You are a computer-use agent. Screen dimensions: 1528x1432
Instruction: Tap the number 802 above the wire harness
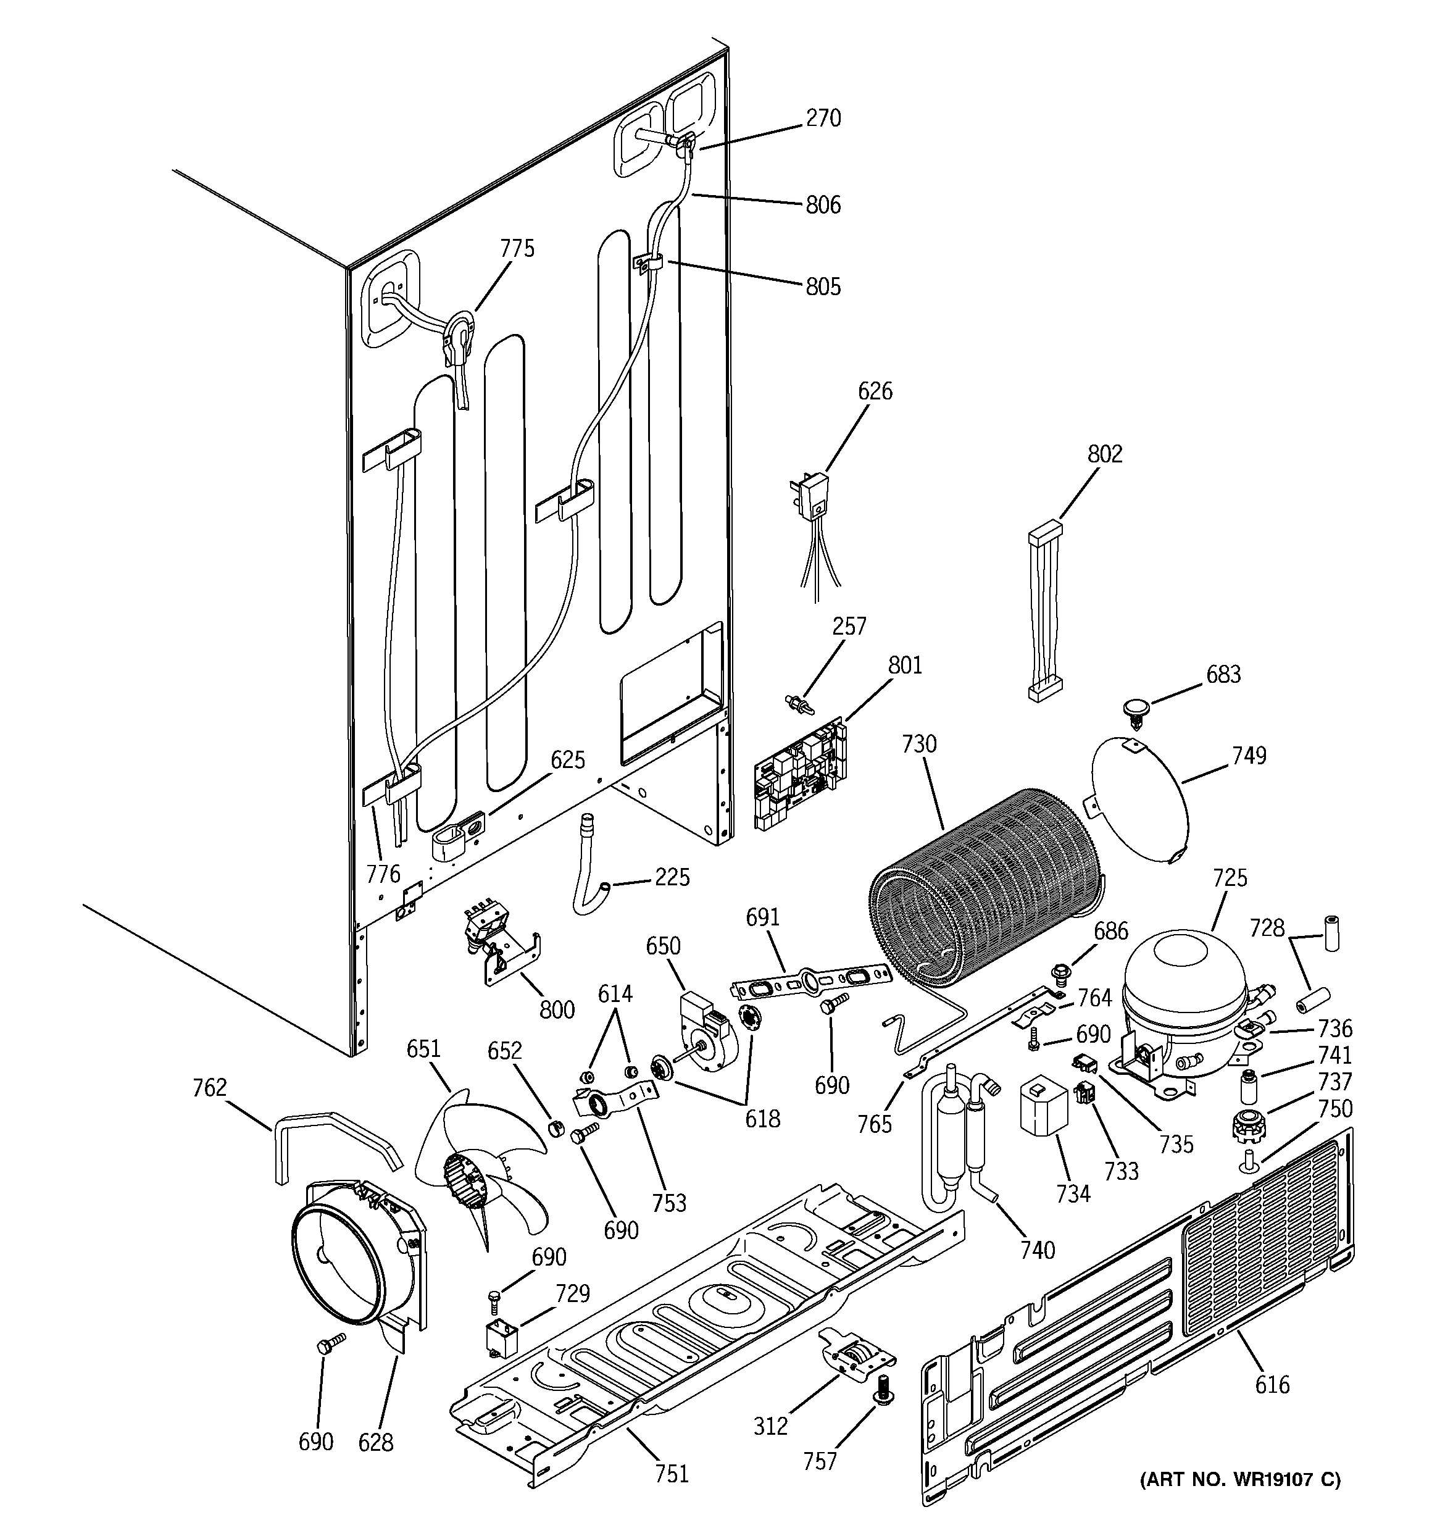(1105, 454)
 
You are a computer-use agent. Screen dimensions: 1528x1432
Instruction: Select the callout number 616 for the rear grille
(1272, 1385)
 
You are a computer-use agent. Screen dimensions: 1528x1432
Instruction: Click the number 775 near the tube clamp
(517, 249)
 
